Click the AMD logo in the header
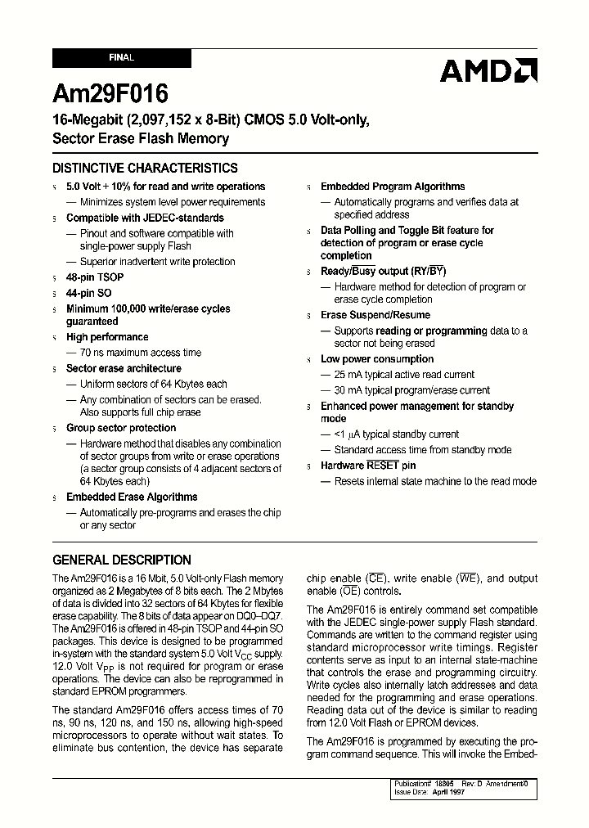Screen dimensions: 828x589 point(488,71)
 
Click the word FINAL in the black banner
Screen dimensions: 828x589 point(121,58)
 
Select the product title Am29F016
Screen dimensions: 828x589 point(110,94)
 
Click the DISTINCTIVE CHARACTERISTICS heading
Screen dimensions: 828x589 point(145,169)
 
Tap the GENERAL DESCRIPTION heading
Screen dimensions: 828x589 point(122,560)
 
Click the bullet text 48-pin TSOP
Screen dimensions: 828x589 point(95,277)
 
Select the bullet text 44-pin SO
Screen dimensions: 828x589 point(89,293)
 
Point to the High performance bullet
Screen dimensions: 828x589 point(107,337)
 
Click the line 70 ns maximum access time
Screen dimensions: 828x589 point(141,353)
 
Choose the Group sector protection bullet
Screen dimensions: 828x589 point(121,428)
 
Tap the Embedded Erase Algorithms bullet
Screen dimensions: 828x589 point(132,497)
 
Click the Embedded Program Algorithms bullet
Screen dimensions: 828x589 point(393,187)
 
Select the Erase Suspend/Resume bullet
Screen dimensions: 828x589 point(375,315)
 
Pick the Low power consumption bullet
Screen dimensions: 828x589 point(377,359)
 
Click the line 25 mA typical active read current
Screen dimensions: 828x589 point(404,375)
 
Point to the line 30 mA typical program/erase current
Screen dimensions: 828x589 point(412,390)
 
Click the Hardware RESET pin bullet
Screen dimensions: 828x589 point(368,466)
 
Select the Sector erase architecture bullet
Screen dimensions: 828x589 point(124,368)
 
